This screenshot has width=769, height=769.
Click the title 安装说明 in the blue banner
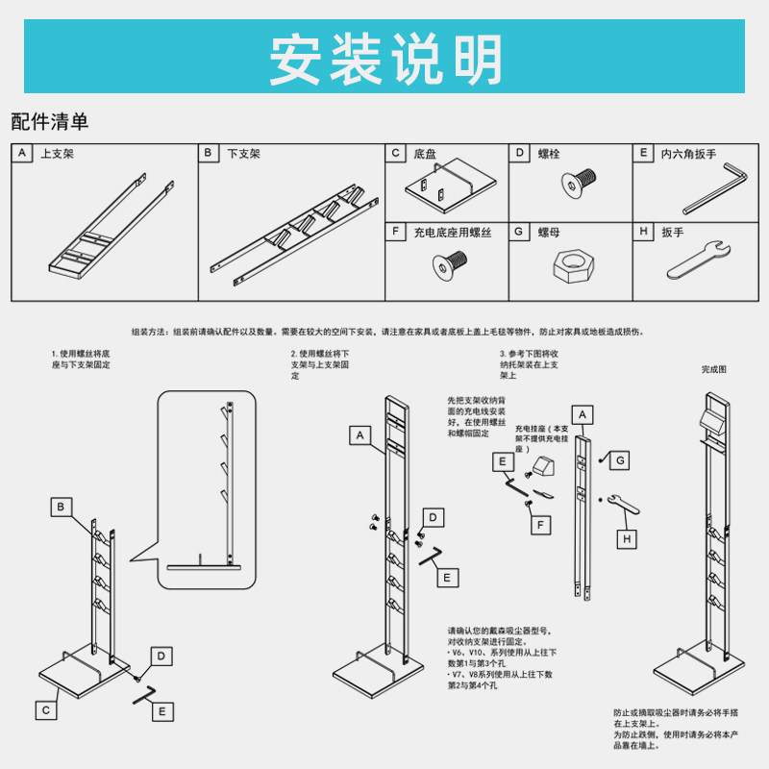(384, 60)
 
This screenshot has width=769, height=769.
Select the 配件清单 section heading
(50, 122)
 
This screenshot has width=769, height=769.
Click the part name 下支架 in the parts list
(243, 154)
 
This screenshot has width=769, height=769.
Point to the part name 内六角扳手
(688, 154)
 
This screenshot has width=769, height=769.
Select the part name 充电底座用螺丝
(453, 233)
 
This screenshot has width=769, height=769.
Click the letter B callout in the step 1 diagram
(61, 506)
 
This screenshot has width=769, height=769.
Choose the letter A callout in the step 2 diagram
(360, 435)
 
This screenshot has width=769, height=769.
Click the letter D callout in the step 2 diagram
(434, 518)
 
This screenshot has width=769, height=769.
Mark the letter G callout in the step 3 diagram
(621, 461)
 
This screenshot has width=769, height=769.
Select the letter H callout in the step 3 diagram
(626, 539)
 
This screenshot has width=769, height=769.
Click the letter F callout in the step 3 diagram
(542, 525)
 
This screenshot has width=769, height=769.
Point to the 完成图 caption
(714, 369)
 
